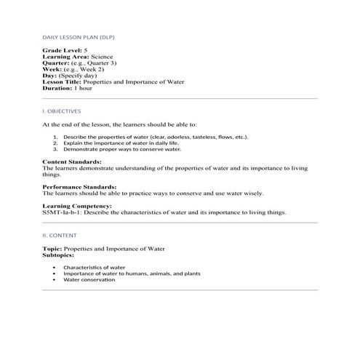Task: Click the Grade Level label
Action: pos(63,50)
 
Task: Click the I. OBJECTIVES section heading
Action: pos(62,111)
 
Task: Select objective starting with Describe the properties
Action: pos(145,137)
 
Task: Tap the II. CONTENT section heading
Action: pos(59,236)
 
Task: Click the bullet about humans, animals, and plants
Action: pos(132,273)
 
